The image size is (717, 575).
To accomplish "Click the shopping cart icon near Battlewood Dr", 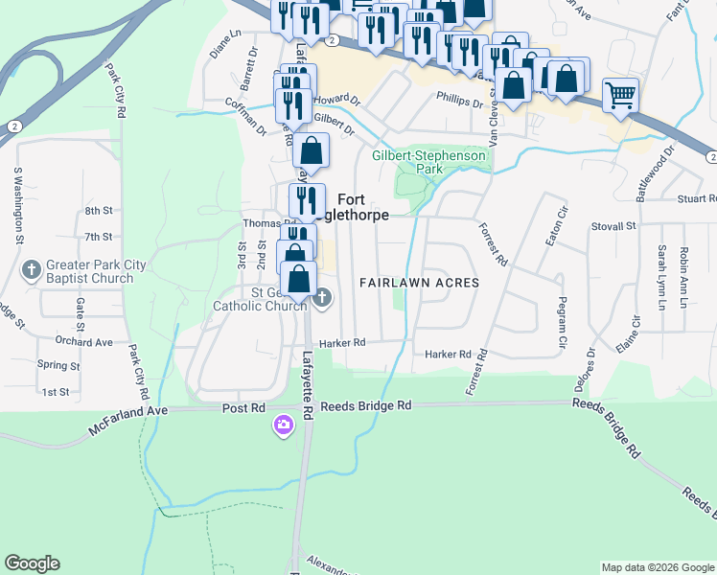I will (x=621, y=97).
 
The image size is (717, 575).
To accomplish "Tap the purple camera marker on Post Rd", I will (x=283, y=425).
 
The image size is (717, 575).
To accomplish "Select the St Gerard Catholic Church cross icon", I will (x=322, y=299).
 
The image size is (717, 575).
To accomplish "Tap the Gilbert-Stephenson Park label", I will (x=429, y=161).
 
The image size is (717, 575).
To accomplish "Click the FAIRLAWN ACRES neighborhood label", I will (x=418, y=284).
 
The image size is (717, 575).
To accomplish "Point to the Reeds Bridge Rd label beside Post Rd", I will (x=366, y=406).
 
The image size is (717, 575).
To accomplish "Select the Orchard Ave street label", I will (x=83, y=342).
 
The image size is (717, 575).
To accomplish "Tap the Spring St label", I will (x=58, y=365).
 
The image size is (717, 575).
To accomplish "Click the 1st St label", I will (x=55, y=392).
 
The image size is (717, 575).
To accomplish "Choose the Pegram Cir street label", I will (x=562, y=322).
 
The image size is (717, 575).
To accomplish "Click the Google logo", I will (x=32, y=563).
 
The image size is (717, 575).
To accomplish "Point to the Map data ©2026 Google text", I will (x=657, y=567).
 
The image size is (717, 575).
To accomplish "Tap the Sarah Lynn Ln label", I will (x=661, y=277).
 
